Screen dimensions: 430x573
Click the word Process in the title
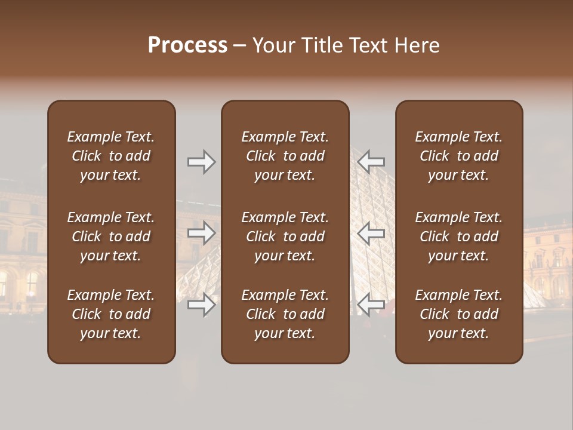[187, 45]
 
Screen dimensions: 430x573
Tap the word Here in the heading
[416, 45]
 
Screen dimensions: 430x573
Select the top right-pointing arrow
[201, 162]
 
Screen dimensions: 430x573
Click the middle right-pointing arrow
[201, 233]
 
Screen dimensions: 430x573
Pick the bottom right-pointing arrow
[201, 305]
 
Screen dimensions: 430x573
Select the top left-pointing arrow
[371, 162]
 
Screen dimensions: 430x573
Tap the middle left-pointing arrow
[371, 233]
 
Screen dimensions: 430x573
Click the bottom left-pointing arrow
[371, 305]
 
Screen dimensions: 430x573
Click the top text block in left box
[111, 156]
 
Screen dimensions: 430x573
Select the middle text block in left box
[111, 236]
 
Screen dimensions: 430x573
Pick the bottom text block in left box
[111, 314]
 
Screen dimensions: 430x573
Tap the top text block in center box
[285, 156]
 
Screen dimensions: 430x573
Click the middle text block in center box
[285, 236]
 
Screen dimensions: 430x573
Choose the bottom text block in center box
[285, 314]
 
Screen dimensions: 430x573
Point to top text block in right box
[458, 156]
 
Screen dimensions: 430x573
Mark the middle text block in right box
[458, 236]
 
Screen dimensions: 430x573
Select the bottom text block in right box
[458, 314]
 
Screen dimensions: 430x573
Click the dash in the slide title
[239, 46]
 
